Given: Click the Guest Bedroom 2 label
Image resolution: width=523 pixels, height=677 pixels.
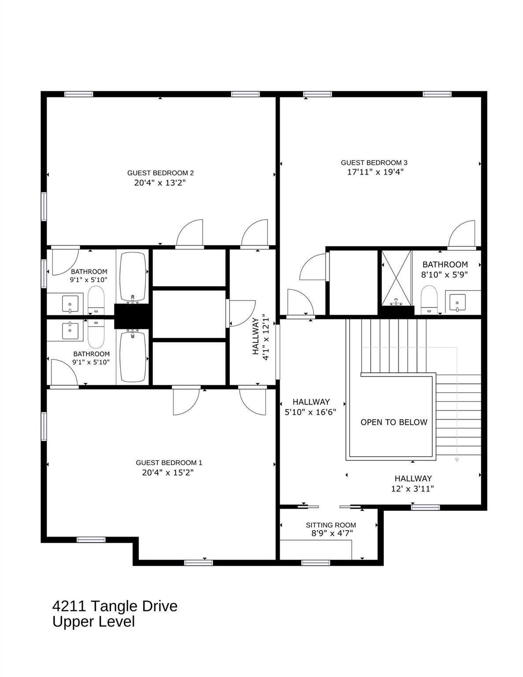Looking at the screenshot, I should point(160,173).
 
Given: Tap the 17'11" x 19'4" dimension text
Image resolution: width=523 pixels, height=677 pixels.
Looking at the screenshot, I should point(375,172).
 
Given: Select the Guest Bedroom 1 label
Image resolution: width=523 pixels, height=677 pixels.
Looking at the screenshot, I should point(169,462).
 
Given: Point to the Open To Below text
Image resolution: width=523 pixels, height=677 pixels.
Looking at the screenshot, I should point(393,422).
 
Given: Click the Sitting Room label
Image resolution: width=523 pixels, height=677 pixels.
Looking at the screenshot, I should point(330,525).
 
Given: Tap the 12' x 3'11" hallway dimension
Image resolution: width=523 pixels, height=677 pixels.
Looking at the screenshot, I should point(412,488).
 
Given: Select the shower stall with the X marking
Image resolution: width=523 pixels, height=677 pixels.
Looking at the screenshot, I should point(397,278).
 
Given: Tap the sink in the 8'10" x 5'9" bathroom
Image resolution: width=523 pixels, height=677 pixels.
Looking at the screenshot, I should point(457,303).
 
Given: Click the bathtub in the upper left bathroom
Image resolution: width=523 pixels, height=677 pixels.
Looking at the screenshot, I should point(133,276).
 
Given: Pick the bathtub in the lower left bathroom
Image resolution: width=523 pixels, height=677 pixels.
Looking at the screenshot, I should point(133,357).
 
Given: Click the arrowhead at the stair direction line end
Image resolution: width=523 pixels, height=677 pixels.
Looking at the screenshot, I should point(457,460).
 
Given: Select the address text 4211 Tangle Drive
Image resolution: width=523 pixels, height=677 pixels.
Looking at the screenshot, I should point(115,606).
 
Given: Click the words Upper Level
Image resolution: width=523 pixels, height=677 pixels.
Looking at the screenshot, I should point(93,621).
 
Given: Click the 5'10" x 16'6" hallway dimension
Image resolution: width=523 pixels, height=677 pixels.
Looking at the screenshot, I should point(311,412).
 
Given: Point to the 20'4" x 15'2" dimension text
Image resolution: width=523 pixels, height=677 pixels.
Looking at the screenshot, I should point(168,472).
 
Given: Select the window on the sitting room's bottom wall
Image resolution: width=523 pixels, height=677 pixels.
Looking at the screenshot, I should point(315,562).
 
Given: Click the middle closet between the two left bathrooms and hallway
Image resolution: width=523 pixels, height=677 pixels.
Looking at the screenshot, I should point(189,314).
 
